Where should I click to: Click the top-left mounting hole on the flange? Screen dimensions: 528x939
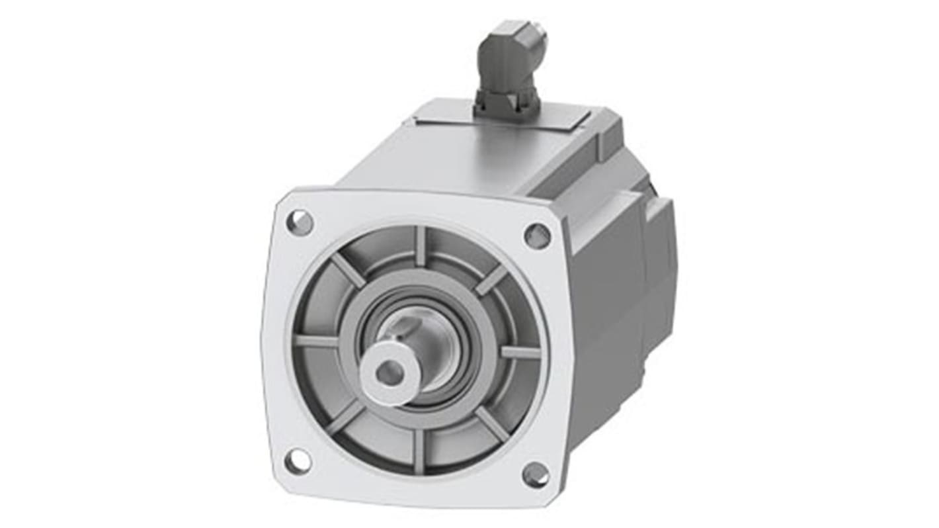[x=300, y=223]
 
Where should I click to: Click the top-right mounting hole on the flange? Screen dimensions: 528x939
[x=537, y=236]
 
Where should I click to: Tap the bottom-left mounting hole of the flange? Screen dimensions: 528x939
[x=298, y=461]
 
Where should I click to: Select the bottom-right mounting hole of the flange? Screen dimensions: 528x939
[x=534, y=474]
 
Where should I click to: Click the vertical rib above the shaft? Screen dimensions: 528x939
[x=421, y=246]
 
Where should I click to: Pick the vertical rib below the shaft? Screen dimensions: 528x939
[x=419, y=451]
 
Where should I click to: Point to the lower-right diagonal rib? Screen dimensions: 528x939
[x=492, y=423]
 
